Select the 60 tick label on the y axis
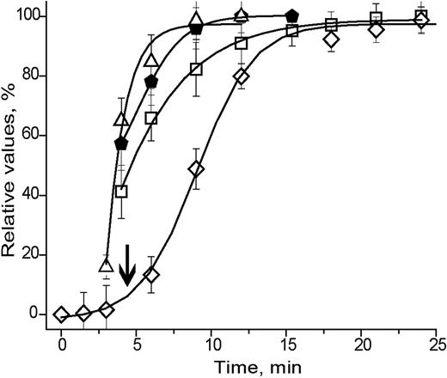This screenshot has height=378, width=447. tap(33, 135)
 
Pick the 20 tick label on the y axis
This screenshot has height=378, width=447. tap(33, 254)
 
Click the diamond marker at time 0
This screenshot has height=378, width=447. tap(61, 314)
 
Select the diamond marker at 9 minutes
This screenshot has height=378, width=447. tap(196, 168)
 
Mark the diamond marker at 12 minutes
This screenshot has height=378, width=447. tap(242, 76)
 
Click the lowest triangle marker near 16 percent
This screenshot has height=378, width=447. tap(107, 265)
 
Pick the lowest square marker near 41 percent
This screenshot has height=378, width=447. tap(121, 192)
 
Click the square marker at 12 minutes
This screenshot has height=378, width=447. tap(242, 43)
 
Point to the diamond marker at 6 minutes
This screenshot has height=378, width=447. tap(151, 274)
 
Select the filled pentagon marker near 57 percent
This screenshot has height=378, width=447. tap(121, 143)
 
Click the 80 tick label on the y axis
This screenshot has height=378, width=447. tap(33, 76)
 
